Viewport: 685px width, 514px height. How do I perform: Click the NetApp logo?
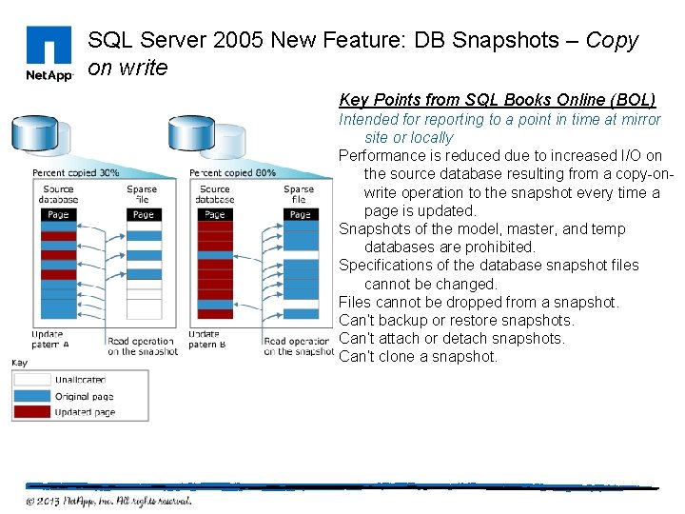(x=48, y=54)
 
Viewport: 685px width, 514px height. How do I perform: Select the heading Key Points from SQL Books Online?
(x=497, y=100)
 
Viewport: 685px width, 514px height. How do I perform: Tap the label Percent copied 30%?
(x=76, y=173)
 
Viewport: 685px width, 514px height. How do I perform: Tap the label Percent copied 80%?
(x=233, y=173)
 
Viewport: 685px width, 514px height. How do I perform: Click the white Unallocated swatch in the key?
(x=32, y=379)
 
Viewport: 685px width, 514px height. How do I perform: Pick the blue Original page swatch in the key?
(x=32, y=395)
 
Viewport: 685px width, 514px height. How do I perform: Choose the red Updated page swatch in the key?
(x=32, y=411)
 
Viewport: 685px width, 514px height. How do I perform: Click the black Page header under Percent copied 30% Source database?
(x=58, y=215)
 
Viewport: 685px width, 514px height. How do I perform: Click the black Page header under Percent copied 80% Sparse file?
(x=300, y=215)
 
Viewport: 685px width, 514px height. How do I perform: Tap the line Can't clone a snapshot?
(x=418, y=357)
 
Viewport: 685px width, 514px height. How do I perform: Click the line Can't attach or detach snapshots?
(x=451, y=339)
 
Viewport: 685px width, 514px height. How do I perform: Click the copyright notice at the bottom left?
(x=108, y=501)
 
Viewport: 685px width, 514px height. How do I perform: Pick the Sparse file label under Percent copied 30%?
(x=142, y=194)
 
